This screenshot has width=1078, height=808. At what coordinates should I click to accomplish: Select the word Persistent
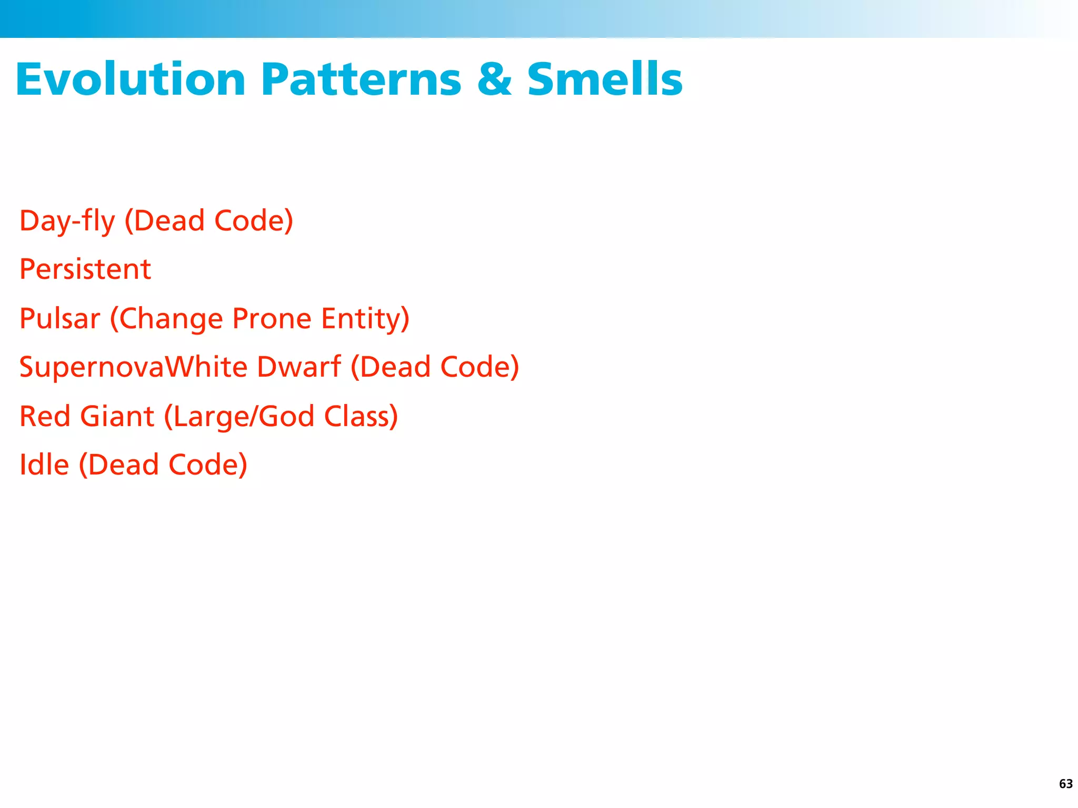click(85, 269)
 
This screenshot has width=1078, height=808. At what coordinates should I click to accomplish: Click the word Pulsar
click(59, 318)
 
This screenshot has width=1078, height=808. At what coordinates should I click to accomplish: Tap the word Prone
click(272, 318)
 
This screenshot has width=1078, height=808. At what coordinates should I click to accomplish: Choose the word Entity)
click(365, 318)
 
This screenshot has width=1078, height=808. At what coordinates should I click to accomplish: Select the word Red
click(45, 416)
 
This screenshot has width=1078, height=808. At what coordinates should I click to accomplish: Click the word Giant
click(117, 416)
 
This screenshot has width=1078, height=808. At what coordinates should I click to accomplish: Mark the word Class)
click(361, 416)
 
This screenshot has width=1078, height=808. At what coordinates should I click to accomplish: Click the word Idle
click(44, 464)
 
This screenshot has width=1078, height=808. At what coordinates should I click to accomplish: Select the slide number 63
click(1065, 784)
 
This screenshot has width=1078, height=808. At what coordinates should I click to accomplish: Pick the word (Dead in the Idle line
click(119, 464)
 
